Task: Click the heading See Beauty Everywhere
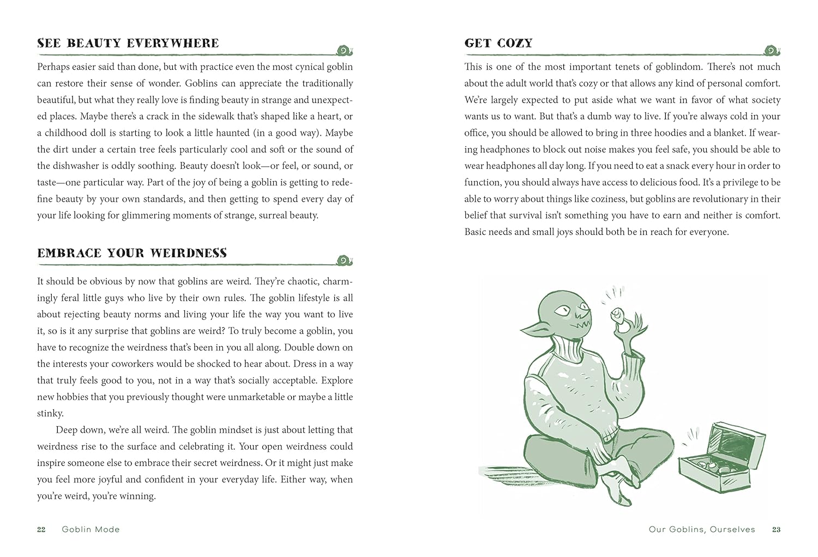[128, 43]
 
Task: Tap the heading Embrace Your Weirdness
[132, 253]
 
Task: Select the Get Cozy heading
[498, 43]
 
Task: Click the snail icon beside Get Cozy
[772, 51]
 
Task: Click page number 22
[41, 529]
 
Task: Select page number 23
[776, 529]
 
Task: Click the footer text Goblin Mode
[91, 529]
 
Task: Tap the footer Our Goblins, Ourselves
[702, 529]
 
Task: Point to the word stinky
[50, 413]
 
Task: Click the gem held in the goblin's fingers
[617, 315]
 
